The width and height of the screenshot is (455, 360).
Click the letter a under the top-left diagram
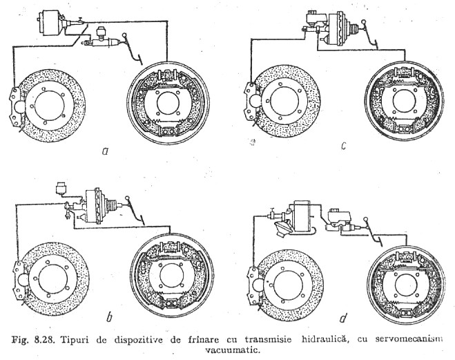pyautogui.click(x=105, y=151)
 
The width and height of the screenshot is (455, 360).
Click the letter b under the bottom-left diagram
pyautogui.click(x=109, y=317)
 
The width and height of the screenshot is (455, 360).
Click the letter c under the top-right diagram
pyautogui.click(x=344, y=146)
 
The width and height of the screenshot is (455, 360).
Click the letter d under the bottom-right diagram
pyautogui.click(x=343, y=318)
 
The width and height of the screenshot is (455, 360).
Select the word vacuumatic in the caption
pyautogui.click(x=231, y=350)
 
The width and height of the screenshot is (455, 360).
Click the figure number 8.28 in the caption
pyautogui.click(x=45, y=340)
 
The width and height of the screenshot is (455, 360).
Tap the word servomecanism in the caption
pyautogui.click(x=409, y=339)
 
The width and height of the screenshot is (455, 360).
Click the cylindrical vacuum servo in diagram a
pyautogui.click(x=51, y=23)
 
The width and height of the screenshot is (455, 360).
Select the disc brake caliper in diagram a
pyautogui.click(x=15, y=107)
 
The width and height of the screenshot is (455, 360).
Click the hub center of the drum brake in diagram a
pyautogui.click(x=168, y=102)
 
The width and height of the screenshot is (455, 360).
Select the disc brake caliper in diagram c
pyautogui.click(x=250, y=102)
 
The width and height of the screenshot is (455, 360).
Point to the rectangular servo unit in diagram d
pyautogui.click(x=302, y=214)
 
